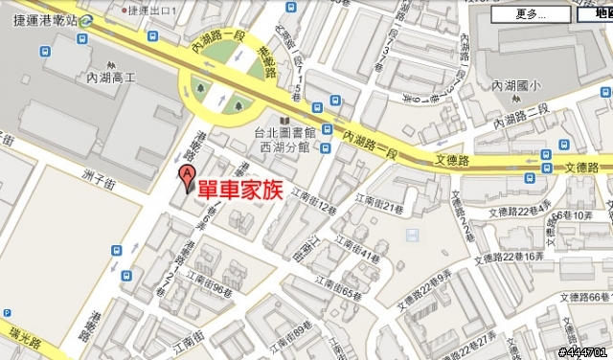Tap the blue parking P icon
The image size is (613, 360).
[6, 313]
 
